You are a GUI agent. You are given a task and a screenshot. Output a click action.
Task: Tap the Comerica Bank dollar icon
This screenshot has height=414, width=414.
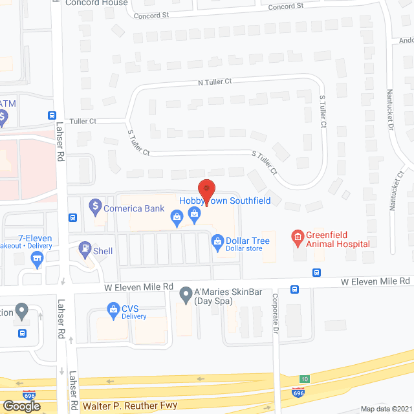95,207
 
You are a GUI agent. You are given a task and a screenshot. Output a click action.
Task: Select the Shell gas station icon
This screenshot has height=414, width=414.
85,248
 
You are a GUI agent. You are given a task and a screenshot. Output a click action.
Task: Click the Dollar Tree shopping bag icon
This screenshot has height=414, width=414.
217,242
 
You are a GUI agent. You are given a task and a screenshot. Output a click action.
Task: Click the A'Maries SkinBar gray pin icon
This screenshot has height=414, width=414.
186,294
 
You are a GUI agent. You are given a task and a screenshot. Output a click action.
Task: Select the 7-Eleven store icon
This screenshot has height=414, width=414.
38,260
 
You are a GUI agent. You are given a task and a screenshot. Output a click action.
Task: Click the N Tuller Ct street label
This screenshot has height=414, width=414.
215,82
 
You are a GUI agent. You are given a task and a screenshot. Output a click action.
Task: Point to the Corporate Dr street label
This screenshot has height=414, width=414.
275,304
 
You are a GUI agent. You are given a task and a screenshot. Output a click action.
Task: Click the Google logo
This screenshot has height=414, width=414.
21,406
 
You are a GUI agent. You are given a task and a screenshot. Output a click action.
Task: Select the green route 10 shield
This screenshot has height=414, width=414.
304,379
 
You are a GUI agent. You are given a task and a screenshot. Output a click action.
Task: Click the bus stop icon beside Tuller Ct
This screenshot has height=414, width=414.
52,115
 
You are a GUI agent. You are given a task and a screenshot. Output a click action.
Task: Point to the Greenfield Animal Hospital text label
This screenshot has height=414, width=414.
338,239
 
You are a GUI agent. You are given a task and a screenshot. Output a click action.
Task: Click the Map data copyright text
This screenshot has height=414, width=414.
386,409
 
